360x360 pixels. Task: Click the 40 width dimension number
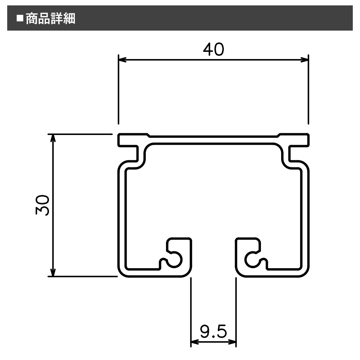point(213,49)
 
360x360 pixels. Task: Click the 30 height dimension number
point(42,205)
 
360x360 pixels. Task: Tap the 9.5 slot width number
point(213,331)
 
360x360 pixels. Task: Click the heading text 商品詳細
point(50,19)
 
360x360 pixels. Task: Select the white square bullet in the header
point(20,18)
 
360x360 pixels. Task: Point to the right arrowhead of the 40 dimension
point(304,60)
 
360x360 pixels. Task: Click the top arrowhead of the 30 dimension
point(53,138)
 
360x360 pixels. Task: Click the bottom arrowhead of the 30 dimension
point(53,272)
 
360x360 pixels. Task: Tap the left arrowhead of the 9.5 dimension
point(195,342)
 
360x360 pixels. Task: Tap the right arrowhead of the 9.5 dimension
point(232,342)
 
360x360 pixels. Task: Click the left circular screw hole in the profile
point(174,260)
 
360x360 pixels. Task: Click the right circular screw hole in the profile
point(253,260)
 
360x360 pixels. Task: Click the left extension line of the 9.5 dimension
point(191,312)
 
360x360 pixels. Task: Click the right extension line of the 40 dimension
point(309,90)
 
